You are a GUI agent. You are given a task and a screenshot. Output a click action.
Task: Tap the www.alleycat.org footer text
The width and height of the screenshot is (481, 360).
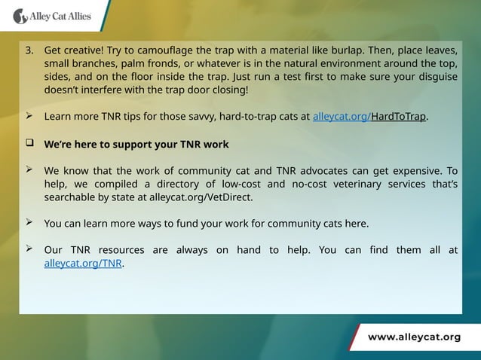click(414, 337)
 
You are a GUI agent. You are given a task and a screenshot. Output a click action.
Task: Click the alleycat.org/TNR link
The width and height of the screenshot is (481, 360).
click(83, 264)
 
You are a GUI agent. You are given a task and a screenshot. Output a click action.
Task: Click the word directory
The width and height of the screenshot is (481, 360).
click(176, 184)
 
